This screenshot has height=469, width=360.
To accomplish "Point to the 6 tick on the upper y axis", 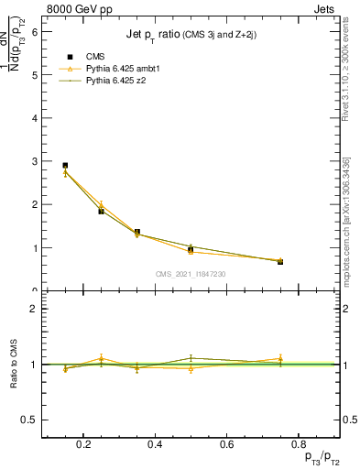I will (34, 31).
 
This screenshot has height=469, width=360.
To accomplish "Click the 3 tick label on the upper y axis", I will (34, 161).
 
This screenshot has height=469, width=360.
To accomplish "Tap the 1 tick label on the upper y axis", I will (34, 248).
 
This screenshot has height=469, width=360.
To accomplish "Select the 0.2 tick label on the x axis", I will (84, 444).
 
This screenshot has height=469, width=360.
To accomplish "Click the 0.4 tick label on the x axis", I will (155, 444).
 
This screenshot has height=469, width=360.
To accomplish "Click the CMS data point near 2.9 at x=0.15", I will (65, 166).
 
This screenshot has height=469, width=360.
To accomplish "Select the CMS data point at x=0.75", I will (280, 262).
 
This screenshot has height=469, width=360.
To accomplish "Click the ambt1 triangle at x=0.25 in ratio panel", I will (102, 358).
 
